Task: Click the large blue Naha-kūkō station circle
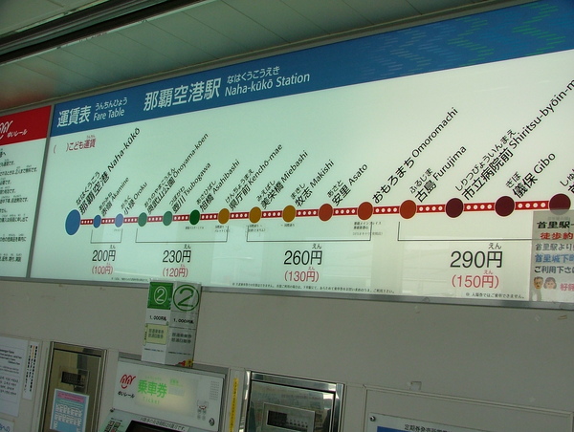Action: (73, 222)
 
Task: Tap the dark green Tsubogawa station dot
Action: (195, 217)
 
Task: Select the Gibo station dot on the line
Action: (504, 205)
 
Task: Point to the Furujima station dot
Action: (454, 207)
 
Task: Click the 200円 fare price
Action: (103, 255)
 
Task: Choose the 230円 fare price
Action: (176, 256)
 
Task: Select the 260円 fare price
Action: (302, 257)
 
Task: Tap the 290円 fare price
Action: (475, 259)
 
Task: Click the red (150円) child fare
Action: (475, 281)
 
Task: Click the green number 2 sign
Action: (186, 298)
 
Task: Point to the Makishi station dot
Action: (325, 212)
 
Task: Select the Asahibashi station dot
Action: (223, 216)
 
